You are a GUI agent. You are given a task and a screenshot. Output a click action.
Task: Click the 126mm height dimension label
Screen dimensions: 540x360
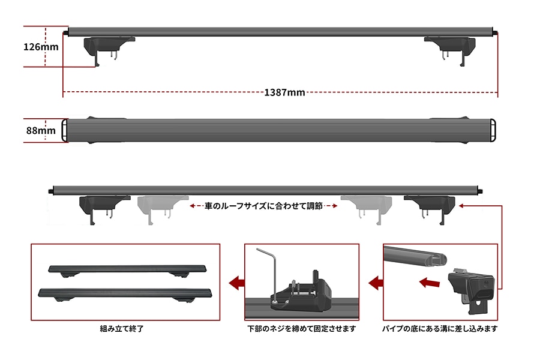coord(41,47)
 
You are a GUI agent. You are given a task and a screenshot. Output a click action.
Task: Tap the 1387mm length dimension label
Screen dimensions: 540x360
coord(284,92)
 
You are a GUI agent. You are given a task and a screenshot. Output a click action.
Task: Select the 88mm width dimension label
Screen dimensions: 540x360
coord(41,130)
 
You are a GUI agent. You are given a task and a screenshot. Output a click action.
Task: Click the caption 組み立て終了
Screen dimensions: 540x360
coord(122,329)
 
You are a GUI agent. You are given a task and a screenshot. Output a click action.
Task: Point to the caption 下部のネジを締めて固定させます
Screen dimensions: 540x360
coord(302,329)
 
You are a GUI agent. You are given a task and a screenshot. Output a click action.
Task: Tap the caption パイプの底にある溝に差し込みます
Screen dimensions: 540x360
coord(440,329)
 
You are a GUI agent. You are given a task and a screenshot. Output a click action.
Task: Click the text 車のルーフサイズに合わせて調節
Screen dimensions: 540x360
coord(263,206)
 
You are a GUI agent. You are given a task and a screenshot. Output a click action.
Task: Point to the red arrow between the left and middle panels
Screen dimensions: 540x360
coord(236,283)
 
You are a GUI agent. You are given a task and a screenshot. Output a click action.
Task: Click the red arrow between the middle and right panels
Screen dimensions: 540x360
coord(376,283)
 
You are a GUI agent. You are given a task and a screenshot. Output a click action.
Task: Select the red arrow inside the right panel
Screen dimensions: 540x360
coord(430,283)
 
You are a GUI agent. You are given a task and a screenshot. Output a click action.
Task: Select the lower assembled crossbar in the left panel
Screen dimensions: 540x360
coord(125,294)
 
